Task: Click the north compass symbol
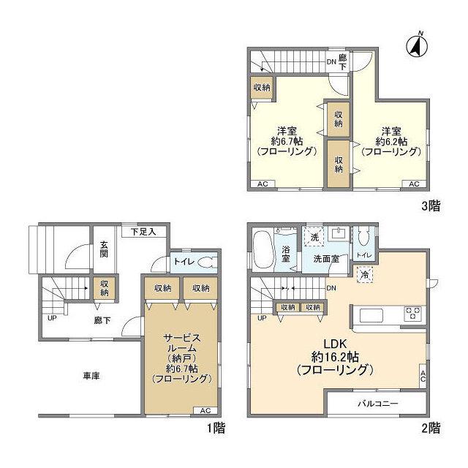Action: [418, 45]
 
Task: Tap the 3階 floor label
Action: [431, 205]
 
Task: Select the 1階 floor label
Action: [216, 429]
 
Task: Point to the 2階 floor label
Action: [431, 429]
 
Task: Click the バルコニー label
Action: [378, 404]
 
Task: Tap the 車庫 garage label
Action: [91, 376]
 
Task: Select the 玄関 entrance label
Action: [104, 249]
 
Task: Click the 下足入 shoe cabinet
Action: [144, 232]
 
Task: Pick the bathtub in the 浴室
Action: [263, 250]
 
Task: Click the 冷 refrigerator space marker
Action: [365, 274]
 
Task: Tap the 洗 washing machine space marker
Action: [314, 237]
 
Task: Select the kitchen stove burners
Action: [412, 314]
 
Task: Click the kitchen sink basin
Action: [371, 315]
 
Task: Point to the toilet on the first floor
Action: [207, 263]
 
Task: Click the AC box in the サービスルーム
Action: [205, 411]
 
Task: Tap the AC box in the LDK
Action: [423, 376]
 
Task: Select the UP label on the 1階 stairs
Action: [52, 318]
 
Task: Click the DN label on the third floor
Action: [331, 62]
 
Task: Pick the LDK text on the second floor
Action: [336, 344]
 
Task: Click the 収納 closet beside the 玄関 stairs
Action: [104, 288]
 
